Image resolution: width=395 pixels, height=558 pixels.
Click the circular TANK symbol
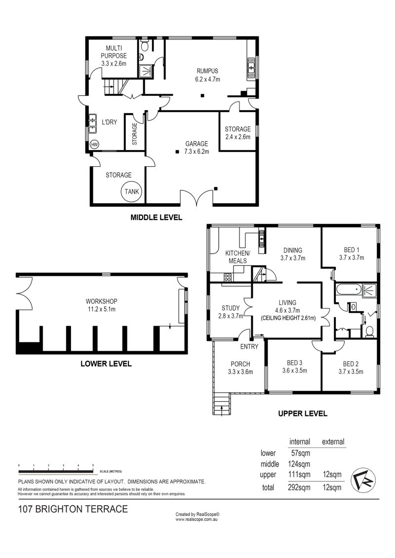132,191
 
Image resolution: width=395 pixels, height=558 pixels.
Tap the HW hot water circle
94,145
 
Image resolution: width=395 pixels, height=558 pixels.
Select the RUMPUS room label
207,71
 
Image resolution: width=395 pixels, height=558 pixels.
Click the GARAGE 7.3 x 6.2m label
197,148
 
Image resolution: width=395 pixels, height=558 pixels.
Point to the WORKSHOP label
101,301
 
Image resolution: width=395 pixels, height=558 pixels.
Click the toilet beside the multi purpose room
145,46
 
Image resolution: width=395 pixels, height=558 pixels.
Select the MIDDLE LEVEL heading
157,217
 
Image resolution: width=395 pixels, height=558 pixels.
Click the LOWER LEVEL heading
106,364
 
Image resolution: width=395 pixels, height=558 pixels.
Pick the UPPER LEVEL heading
302,413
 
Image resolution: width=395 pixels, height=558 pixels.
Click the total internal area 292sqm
299,487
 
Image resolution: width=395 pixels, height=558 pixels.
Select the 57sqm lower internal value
300,453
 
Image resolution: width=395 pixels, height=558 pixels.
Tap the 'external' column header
333,442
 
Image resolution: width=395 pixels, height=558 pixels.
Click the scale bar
56,472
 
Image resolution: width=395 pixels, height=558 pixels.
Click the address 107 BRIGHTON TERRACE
73,509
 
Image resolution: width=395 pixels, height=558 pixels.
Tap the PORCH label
240,364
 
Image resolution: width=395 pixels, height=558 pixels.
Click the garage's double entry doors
197,197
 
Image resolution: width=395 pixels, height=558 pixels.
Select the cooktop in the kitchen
228,278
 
